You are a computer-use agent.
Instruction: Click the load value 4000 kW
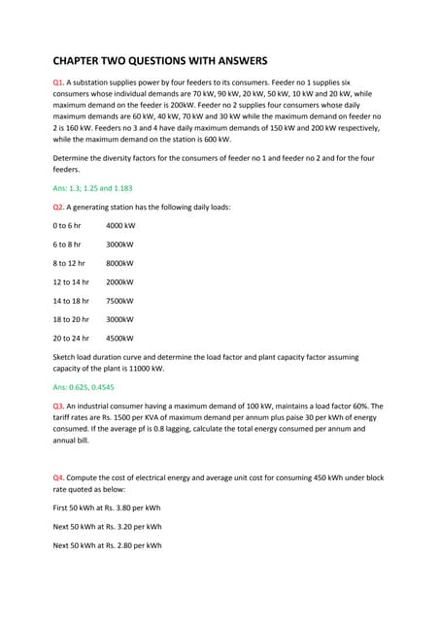120,225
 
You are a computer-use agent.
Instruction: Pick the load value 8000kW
119,263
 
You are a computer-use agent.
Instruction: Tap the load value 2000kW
119,281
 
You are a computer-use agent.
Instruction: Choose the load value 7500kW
119,301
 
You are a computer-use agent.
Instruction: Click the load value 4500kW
119,339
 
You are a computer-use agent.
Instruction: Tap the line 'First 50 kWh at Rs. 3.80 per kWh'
107,507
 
